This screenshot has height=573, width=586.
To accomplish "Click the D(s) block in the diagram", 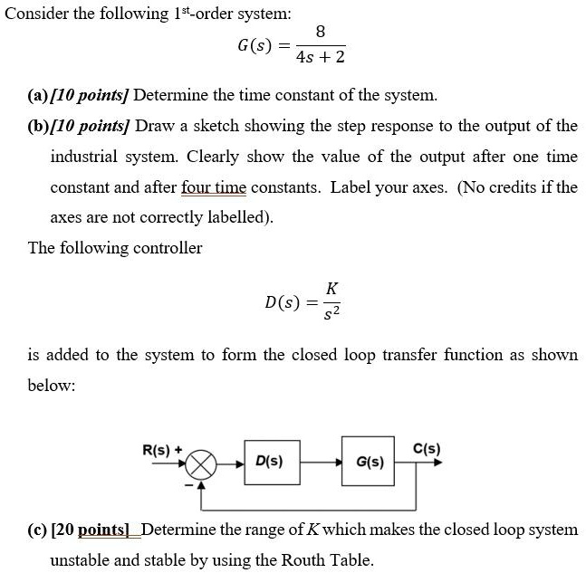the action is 268,462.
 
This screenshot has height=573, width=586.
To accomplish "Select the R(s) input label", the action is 159,448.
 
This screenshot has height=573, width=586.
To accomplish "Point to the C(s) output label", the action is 426,448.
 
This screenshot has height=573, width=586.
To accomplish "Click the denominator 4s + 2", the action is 321,58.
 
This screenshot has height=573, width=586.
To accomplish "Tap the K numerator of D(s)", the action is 332,288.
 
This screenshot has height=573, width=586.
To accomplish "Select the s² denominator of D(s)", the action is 332,313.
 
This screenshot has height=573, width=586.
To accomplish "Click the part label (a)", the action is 38,95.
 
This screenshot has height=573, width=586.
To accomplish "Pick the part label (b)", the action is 38,125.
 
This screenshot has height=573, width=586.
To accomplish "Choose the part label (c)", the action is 38,530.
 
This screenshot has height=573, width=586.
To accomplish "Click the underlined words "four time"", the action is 213,187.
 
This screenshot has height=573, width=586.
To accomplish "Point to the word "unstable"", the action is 82,560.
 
